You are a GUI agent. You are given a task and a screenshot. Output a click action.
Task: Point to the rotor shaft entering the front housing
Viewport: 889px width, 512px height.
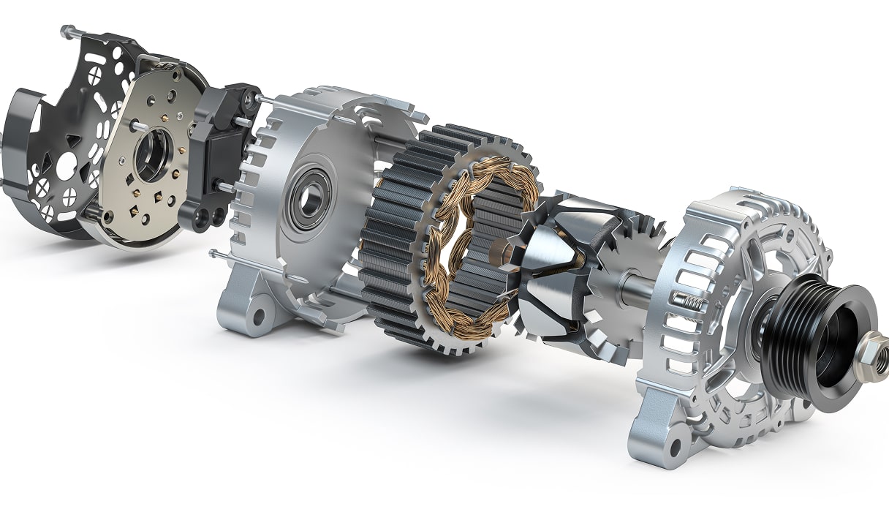point(636,288)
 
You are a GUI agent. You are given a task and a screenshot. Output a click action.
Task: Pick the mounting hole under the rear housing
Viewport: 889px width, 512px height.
point(257,317)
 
